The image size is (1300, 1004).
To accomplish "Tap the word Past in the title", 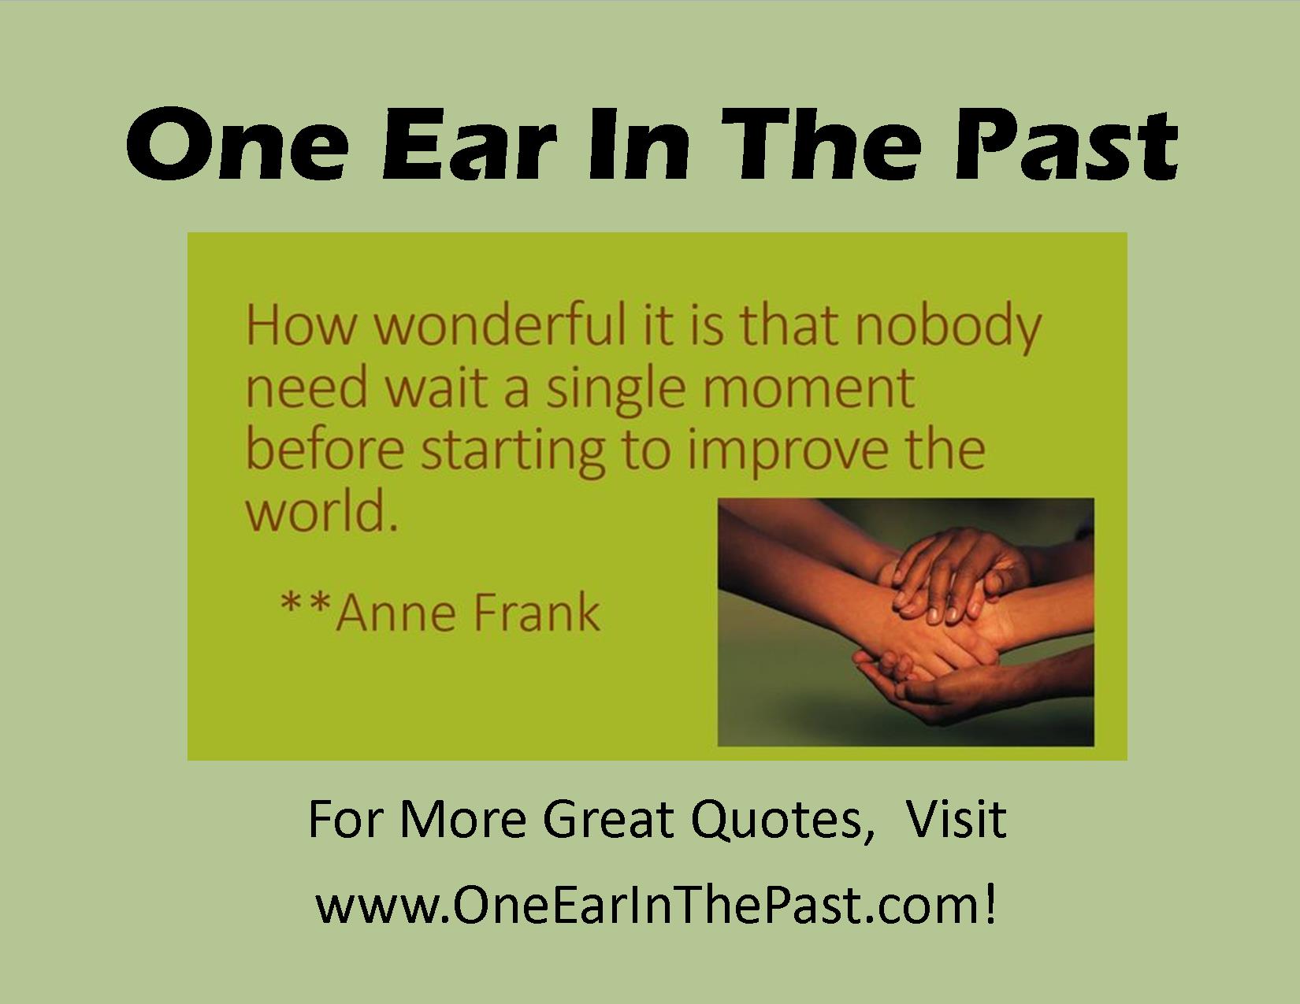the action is click(x=1065, y=143).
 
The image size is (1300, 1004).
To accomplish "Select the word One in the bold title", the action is click(x=237, y=143).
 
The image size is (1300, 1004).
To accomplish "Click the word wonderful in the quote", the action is click(x=500, y=326).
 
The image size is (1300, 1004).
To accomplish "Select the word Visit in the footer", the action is click(x=956, y=819).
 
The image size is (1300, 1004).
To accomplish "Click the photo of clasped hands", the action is click(x=906, y=622).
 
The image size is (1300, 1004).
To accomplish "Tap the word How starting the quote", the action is click(x=301, y=326).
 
